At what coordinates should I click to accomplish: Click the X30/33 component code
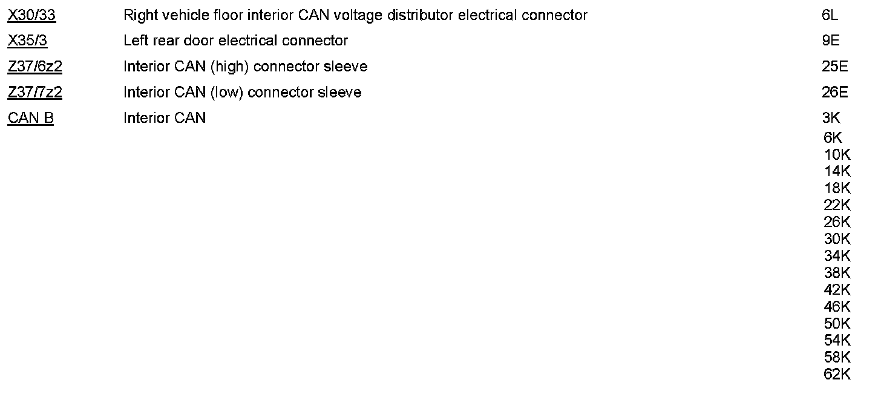(x=31, y=15)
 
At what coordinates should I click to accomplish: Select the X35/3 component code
(x=27, y=41)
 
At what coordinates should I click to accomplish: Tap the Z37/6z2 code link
(x=34, y=66)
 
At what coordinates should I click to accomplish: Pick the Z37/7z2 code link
(x=34, y=92)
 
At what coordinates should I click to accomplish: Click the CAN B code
(x=30, y=117)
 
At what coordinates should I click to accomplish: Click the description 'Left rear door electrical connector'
(x=235, y=41)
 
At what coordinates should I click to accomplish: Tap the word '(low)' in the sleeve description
(x=226, y=92)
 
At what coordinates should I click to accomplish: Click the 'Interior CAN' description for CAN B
(x=164, y=117)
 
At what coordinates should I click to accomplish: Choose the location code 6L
(x=830, y=15)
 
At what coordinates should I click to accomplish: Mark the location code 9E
(x=831, y=41)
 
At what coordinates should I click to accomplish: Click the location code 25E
(x=835, y=66)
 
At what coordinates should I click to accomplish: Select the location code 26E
(x=835, y=92)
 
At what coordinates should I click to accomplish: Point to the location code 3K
(x=831, y=117)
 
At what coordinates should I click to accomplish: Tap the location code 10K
(x=837, y=154)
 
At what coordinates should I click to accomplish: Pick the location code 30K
(x=837, y=238)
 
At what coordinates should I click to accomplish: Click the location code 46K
(x=837, y=306)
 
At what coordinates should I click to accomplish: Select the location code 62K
(x=837, y=374)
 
